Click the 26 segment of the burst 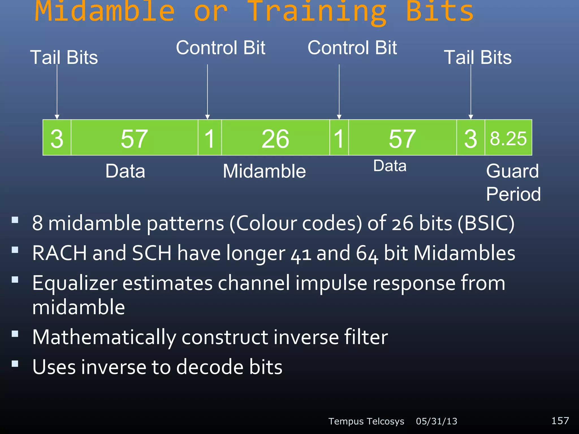(x=275, y=138)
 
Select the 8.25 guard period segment (x=508, y=138)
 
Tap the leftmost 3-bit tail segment (x=57, y=138)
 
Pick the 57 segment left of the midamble (x=134, y=138)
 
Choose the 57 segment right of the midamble (x=402, y=138)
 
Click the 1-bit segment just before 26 (x=209, y=138)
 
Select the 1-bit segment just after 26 (x=339, y=138)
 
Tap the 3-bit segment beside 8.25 (x=470, y=138)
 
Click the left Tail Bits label (x=64, y=57)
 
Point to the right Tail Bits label (x=478, y=57)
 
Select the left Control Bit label (x=221, y=47)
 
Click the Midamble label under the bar (x=264, y=171)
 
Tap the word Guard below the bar (x=512, y=171)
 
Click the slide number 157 (x=560, y=420)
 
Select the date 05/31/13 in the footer (x=436, y=421)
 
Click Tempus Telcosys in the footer (x=366, y=421)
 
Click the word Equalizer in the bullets (x=75, y=283)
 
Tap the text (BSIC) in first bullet (x=486, y=223)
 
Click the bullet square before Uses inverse (x=15, y=363)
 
